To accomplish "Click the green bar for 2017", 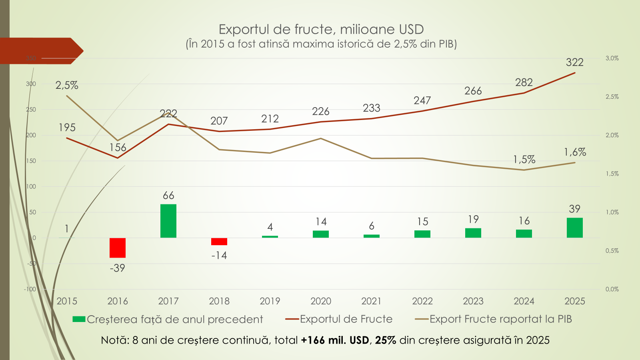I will point(168,221).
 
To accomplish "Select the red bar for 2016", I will point(118,248).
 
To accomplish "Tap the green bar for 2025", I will point(575,228).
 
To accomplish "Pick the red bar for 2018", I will point(219,242).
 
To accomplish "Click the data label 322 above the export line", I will point(575,62).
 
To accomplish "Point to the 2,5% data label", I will point(67,85).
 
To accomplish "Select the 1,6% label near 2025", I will point(575,152).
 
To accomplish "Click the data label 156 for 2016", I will point(118,148).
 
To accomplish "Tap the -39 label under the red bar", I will point(118,268).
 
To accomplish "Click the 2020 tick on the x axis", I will point(321,301).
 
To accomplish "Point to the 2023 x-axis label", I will point(473,301).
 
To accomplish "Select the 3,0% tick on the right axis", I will point(612,58).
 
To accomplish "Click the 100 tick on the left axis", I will point(31,187).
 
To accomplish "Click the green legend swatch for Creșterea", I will point(79,319).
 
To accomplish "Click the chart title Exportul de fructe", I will point(321,30).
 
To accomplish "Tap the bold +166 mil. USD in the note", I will point(335,340).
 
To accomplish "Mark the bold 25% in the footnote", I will point(386,340).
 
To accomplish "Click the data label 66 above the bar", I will point(168,196).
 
